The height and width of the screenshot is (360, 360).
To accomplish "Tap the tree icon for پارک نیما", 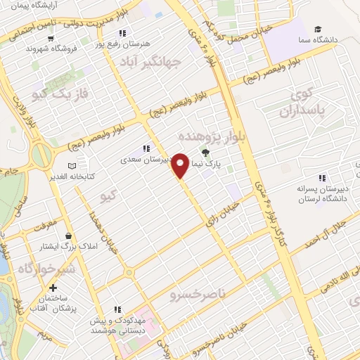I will [x=206, y=153].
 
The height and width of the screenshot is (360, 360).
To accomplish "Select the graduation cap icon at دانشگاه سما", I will [x=319, y=30].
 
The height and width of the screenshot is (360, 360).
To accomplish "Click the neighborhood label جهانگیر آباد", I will [x=176, y=62].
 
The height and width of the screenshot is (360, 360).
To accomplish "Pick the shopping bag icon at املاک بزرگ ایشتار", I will [x=68, y=236].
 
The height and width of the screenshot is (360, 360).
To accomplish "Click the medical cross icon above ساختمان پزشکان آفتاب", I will [x=54, y=288].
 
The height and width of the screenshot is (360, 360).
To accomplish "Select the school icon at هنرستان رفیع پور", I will [x=123, y=33].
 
